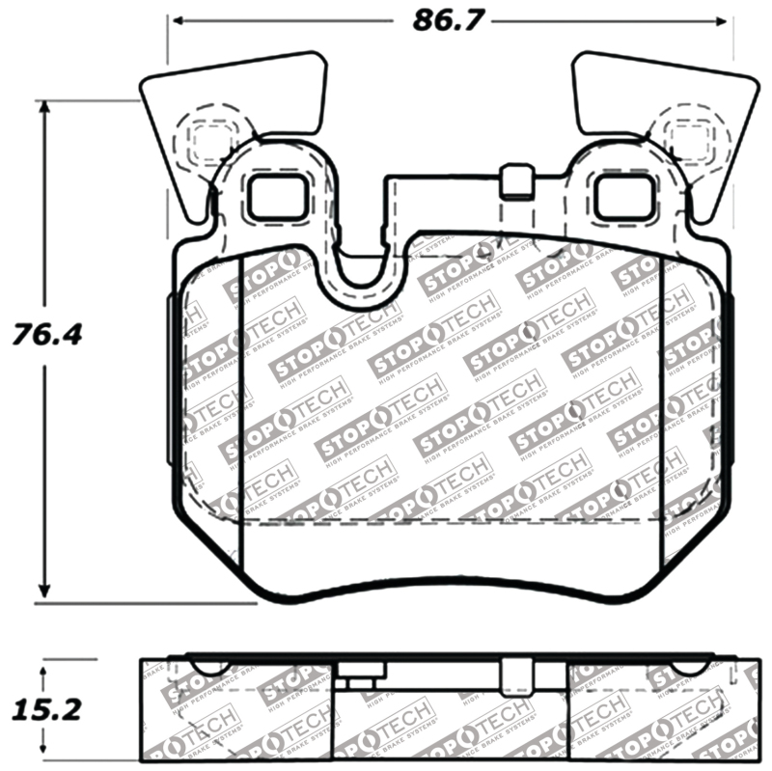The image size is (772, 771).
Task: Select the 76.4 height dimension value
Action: pos(44,336)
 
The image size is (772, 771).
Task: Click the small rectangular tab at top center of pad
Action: pos(518,181)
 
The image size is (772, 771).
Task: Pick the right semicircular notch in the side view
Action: pos(687,666)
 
